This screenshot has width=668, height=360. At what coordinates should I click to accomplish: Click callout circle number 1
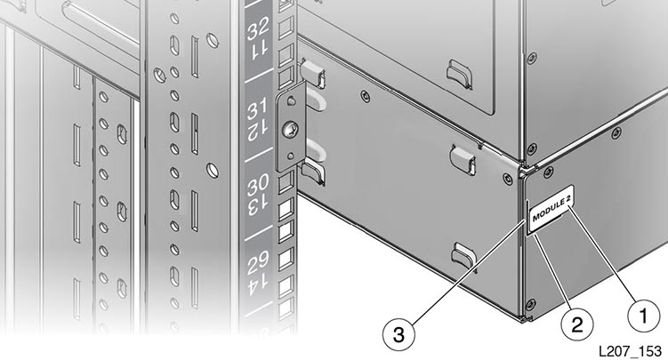point(643,316)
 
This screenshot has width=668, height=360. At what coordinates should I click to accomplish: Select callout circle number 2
point(577,325)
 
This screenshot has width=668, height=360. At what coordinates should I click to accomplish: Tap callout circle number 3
point(398,334)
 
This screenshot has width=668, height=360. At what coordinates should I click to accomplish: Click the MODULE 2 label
point(551,209)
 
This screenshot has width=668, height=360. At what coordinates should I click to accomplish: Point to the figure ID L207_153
point(630,351)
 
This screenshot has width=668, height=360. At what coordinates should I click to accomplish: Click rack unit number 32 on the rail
point(258,29)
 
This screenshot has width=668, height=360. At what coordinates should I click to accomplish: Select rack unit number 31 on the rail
point(258,108)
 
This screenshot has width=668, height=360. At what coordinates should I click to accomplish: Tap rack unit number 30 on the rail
point(258,185)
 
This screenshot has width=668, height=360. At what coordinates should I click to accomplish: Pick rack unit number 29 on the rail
point(258,261)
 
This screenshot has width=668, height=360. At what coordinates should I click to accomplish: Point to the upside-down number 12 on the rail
point(259,131)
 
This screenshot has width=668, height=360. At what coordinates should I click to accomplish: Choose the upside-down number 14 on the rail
point(259,284)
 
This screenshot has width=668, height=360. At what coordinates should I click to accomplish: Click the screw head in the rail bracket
point(292,129)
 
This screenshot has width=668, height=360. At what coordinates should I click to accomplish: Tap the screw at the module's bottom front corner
point(530,304)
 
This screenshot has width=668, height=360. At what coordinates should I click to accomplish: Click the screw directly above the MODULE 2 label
point(548,172)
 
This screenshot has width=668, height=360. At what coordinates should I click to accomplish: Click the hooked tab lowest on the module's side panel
point(463,255)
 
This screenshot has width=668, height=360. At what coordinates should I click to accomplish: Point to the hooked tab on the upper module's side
point(459,74)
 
